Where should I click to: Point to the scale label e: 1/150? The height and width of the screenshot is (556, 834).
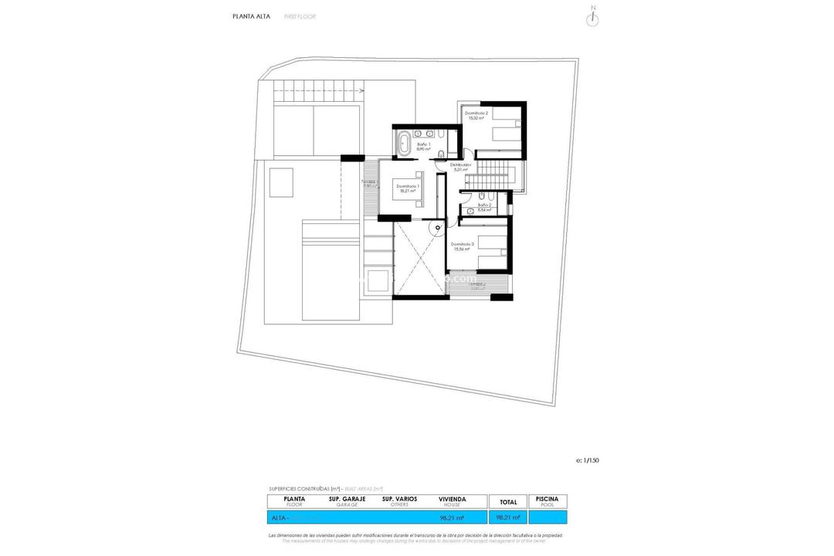pos(587,460)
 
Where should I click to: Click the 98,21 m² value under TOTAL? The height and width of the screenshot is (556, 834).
pos(507,517)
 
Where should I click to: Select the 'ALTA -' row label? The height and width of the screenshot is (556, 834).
pos(279,517)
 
